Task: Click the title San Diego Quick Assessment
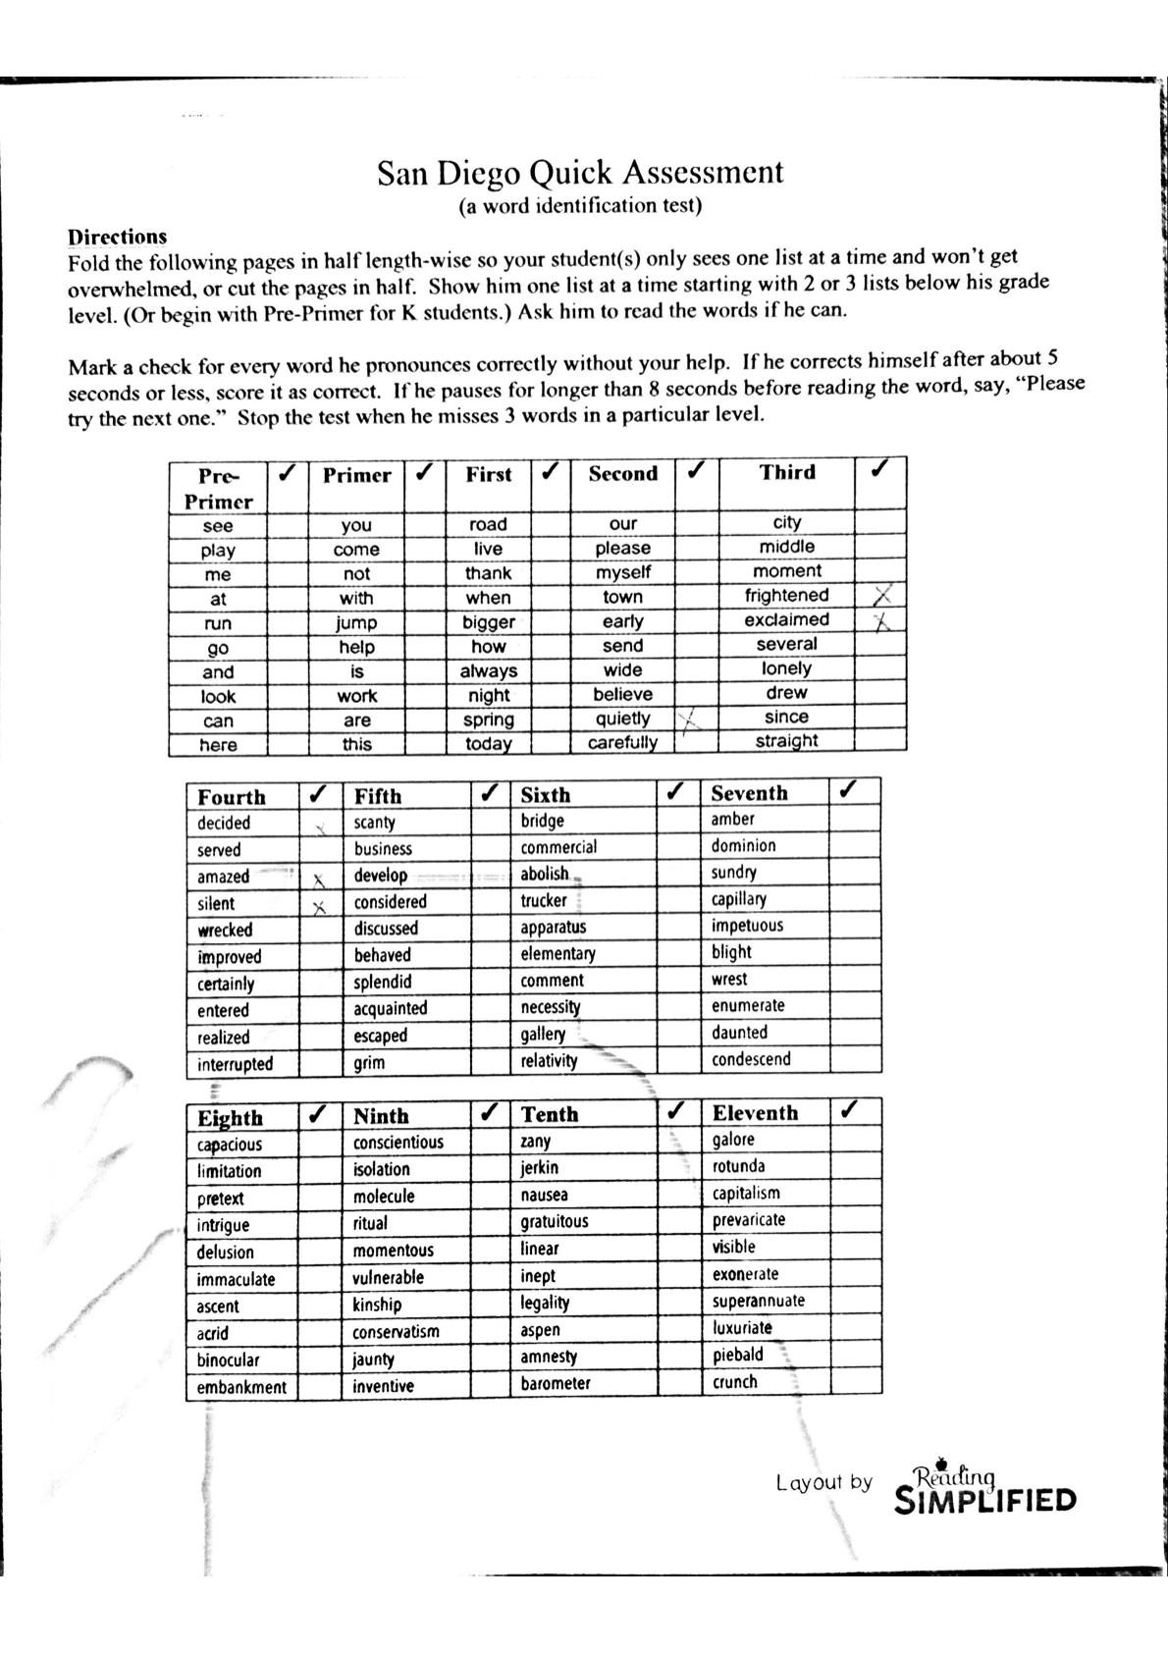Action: click(x=580, y=173)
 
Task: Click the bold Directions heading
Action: click(x=117, y=237)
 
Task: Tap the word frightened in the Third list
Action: click(x=786, y=596)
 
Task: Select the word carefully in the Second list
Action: click(x=622, y=743)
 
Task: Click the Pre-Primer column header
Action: click(x=218, y=488)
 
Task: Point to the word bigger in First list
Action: click(x=488, y=622)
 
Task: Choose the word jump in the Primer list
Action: click(x=356, y=623)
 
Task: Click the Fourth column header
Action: click(x=232, y=797)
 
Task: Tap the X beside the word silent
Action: click(x=318, y=905)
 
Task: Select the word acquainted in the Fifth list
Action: click(x=390, y=1009)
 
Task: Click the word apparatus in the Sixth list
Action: click(x=553, y=928)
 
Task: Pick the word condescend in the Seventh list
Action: click(x=751, y=1060)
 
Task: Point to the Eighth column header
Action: click(x=230, y=1118)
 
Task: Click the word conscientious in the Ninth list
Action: click(x=398, y=1143)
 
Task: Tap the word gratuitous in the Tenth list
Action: click(x=554, y=1222)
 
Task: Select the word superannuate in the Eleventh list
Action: click(x=758, y=1302)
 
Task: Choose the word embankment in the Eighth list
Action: click(x=241, y=1388)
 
